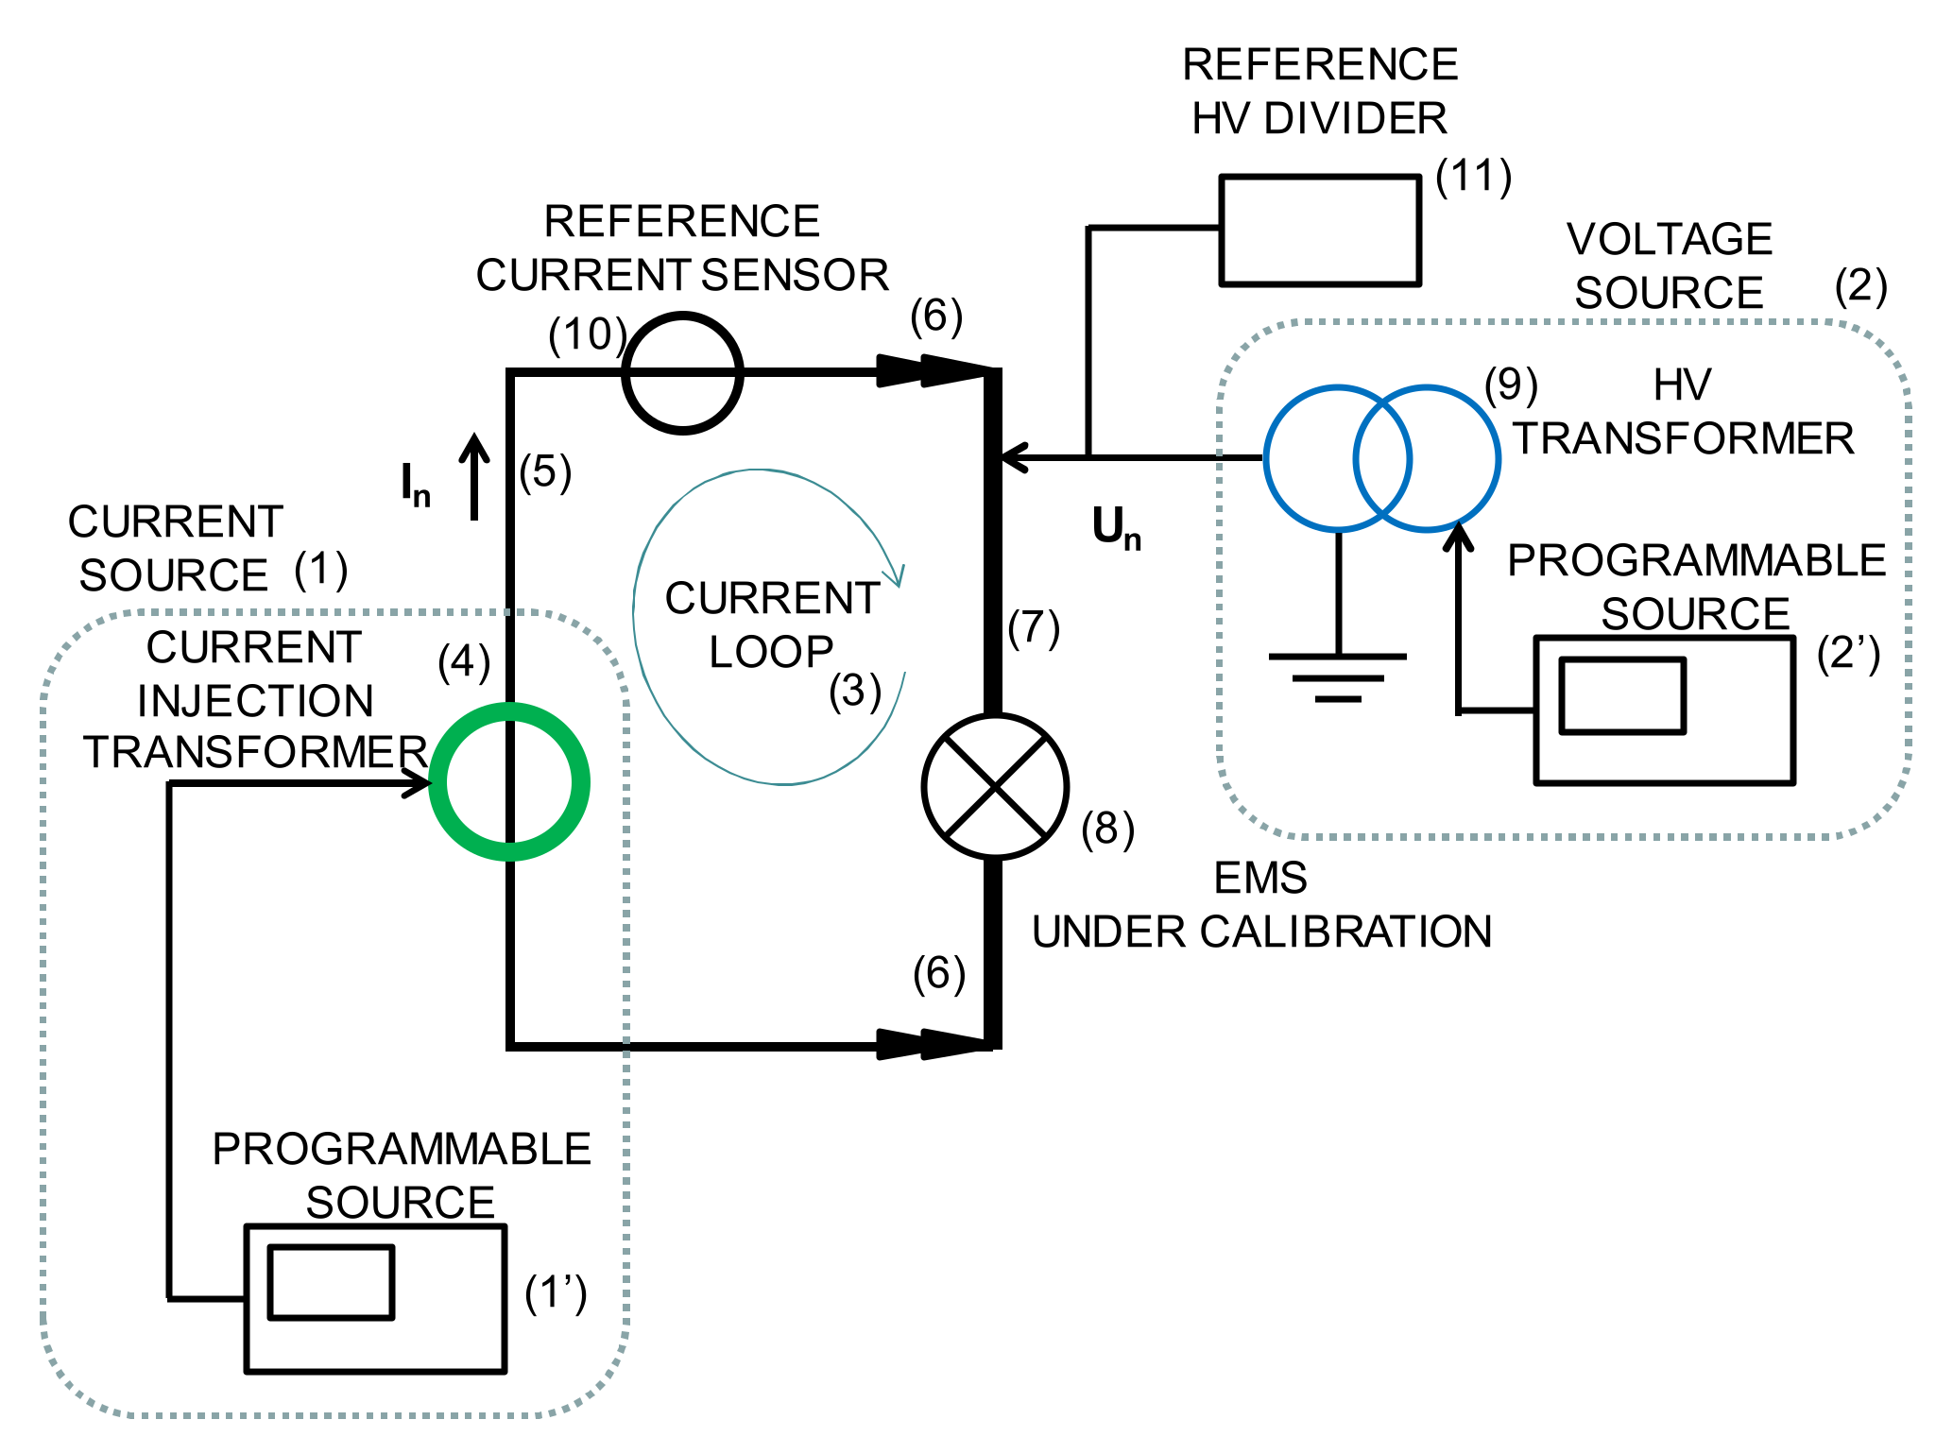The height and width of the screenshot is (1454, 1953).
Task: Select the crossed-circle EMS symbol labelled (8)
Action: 995,786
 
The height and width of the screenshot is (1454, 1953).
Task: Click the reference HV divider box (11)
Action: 1320,230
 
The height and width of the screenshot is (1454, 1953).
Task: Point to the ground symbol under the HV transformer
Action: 1338,676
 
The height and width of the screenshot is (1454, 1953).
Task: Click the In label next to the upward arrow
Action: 415,485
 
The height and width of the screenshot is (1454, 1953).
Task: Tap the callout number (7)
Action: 1034,628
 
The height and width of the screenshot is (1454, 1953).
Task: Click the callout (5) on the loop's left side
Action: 545,471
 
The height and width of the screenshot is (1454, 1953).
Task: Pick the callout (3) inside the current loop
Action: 855,691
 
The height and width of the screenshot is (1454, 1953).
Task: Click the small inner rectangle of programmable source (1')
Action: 331,1282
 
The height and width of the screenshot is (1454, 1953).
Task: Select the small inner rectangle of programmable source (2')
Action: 1621,695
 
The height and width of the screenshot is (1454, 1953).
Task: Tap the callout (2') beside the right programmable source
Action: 1848,654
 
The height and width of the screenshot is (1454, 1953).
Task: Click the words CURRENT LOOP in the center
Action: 771,624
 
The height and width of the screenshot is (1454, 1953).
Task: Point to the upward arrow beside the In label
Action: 474,477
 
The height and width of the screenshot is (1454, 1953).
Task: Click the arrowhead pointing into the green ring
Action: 420,783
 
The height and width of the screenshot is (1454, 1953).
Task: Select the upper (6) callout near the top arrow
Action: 935,316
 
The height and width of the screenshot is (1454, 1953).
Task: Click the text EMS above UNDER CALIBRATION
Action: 1260,879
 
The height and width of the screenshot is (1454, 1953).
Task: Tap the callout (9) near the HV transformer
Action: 1511,385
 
